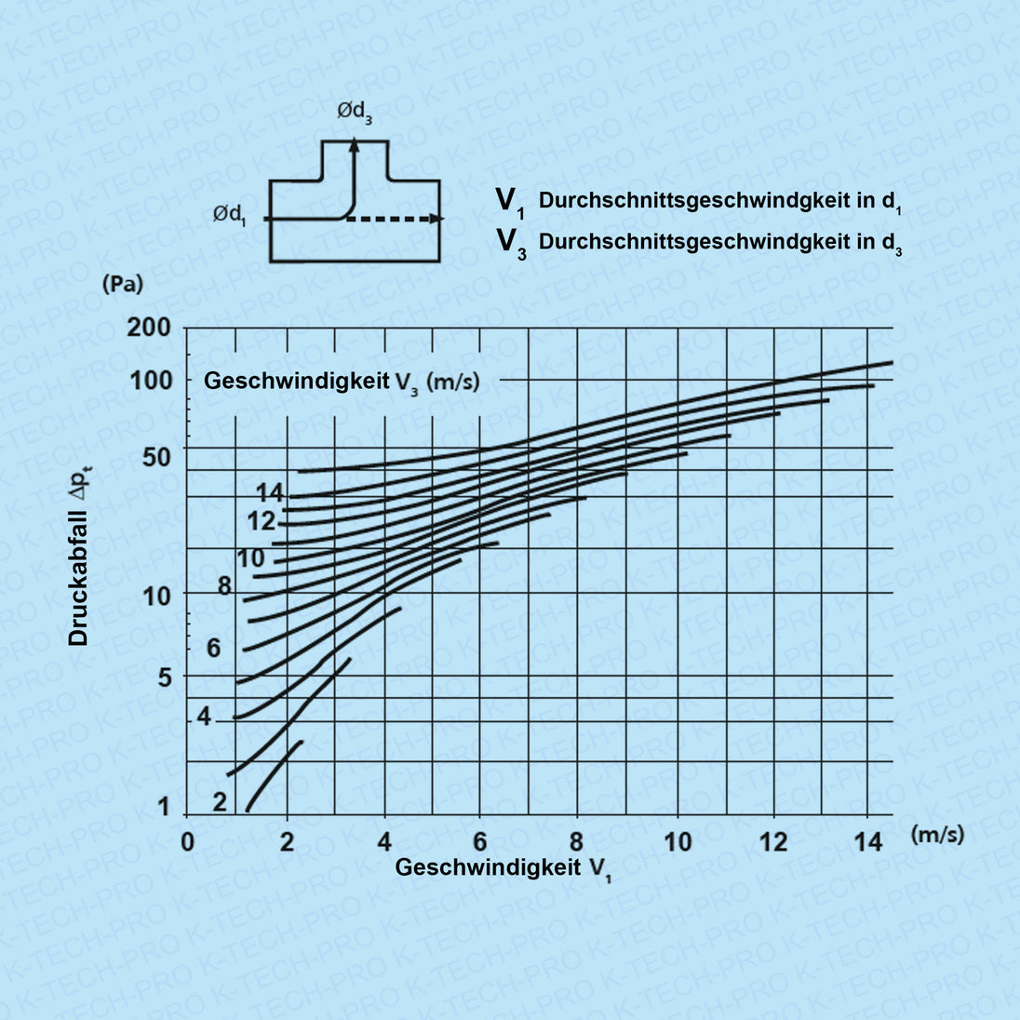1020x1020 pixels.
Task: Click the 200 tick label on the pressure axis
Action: pos(150,328)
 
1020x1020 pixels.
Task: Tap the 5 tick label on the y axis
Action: pos(165,677)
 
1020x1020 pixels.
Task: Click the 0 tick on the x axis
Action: pos(187,842)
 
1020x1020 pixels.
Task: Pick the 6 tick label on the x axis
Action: pos(480,842)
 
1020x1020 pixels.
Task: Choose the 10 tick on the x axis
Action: pos(678,842)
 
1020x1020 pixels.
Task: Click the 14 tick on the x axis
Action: pos(868,842)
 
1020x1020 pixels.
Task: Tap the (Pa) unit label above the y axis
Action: pos(122,285)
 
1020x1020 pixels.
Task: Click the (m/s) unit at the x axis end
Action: pos(937,834)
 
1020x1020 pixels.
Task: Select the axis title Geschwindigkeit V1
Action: pos(503,868)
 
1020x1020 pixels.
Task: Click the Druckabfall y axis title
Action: pos(80,570)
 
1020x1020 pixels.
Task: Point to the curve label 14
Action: pos(270,493)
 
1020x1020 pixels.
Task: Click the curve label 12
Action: pos(262,522)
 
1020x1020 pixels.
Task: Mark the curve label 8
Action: pos(224,586)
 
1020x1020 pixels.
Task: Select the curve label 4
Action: pos(204,718)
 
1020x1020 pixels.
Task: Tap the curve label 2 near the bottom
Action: pos(220,801)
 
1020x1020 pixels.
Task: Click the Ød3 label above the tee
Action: pos(355,114)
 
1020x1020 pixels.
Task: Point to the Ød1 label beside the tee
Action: pos(230,215)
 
